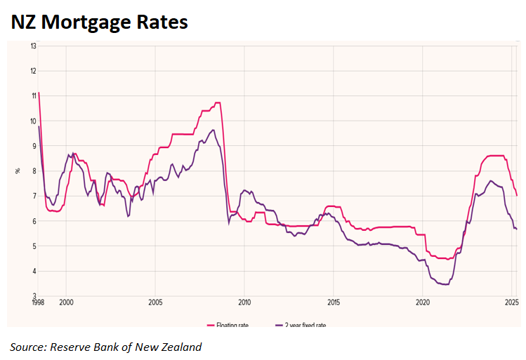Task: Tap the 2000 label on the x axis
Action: (66, 302)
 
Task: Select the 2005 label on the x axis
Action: (155, 302)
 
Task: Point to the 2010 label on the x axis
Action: (244, 302)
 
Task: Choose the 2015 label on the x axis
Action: (334, 302)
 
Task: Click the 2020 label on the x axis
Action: (423, 302)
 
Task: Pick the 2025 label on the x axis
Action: (511, 302)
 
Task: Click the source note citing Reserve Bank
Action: (105, 347)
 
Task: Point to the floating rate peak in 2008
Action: (218, 102)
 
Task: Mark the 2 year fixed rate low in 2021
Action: (444, 284)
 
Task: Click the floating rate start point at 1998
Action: (39, 92)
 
